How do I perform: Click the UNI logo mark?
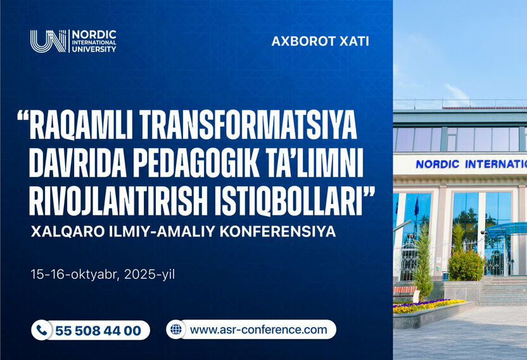pos(48,41)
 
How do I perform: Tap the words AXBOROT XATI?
pos(320,42)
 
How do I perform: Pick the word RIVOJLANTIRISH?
pos(120,201)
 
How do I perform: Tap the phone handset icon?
pos(42,330)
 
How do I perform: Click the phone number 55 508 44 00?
pos(98,331)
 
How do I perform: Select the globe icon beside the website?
pos(176,330)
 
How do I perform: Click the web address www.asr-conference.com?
pos(258,330)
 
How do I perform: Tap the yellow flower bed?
pos(428,306)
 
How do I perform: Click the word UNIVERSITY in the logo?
pos(94,49)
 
